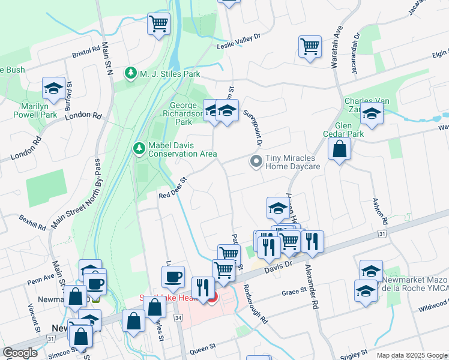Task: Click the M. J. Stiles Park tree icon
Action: point(131,73)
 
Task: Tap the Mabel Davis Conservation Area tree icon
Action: point(139,148)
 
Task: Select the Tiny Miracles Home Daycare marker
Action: point(256,161)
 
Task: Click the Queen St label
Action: point(203,348)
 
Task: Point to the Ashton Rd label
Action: point(381,209)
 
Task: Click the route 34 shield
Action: point(178,317)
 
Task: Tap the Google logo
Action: point(20,353)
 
